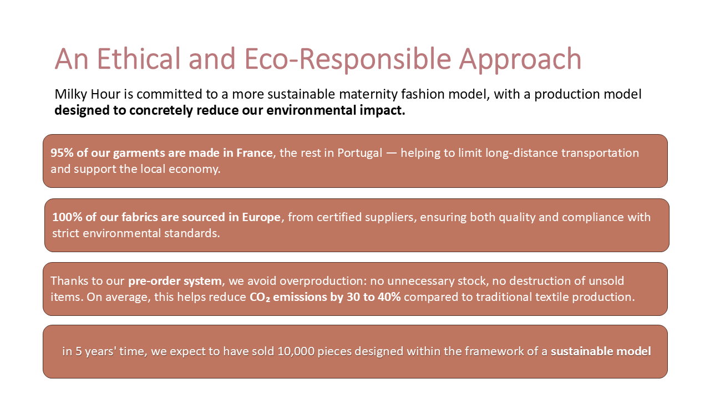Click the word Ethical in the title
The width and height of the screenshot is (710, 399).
tap(138, 59)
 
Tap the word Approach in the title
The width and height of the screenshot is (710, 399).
tap(520, 61)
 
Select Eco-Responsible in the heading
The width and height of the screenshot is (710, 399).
tap(348, 61)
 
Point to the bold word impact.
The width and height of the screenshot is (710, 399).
tap(382, 110)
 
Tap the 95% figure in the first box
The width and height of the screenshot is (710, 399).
tap(62, 153)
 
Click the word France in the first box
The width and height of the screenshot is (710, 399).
tap(255, 153)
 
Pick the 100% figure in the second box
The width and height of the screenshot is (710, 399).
tap(68, 217)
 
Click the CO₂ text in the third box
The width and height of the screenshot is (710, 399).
tap(260, 298)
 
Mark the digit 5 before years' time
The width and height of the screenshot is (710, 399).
tap(78, 351)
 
